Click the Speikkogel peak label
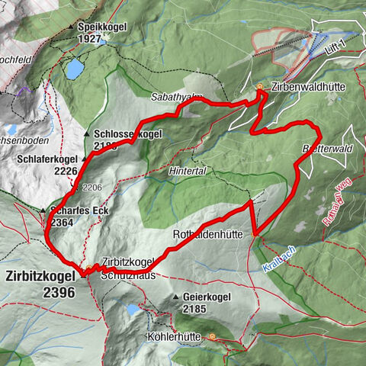coord(106,27)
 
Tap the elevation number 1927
coord(111,38)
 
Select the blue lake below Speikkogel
coord(74,70)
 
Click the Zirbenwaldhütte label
coord(308,88)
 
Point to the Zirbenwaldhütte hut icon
coord(260,87)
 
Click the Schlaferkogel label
coord(46,160)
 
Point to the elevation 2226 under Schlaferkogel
coord(66,172)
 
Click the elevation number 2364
coord(63,222)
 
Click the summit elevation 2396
coord(59,292)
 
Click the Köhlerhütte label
coord(173,335)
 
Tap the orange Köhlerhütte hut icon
coord(212,335)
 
